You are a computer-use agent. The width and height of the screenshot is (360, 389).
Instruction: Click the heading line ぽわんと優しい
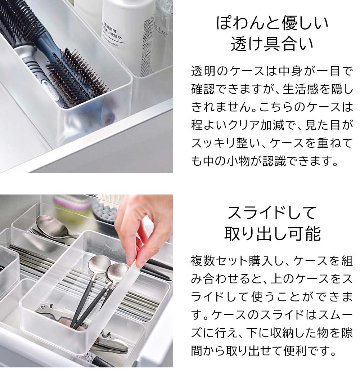click(x=272, y=23)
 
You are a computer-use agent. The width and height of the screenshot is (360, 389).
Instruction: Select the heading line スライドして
click(x=272, y=213)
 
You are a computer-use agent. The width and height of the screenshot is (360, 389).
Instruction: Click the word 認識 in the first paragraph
click(x=274, y=161)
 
